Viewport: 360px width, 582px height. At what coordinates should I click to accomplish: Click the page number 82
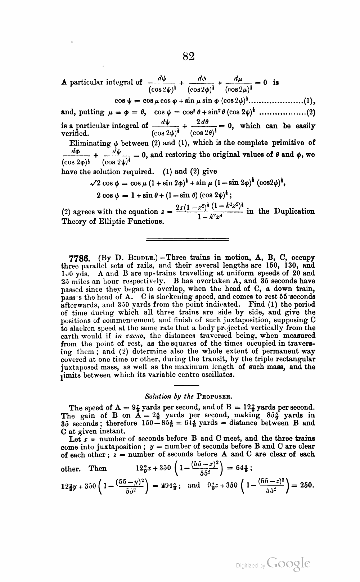(x=189, y=56)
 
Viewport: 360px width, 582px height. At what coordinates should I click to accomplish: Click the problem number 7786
(x=78, y=258)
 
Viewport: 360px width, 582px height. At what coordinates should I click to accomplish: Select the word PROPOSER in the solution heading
(x=215, y=397)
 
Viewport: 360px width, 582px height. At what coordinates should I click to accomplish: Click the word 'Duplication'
(x=294, y=211)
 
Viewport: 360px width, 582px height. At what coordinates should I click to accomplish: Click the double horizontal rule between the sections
(x=188, y=239)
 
